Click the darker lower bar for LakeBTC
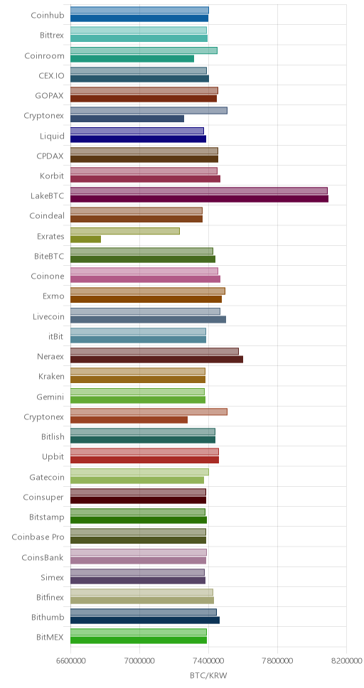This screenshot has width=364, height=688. coord(199,199)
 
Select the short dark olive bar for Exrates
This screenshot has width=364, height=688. coord(85,239)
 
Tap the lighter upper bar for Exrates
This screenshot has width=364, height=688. coord(125,231)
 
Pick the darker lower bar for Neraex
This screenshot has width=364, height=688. coord(156,360)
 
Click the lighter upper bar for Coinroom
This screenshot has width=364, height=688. coord(144,50)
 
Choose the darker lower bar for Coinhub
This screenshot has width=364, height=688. coord(139,18)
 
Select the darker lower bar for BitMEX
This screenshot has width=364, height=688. coord(139,640)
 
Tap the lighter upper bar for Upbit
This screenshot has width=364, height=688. coord(144,451)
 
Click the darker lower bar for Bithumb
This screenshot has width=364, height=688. coord(145,620)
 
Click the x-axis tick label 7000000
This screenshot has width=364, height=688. coord(139,661)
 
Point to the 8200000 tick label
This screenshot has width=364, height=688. coord(346,661)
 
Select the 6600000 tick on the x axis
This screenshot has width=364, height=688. coord(70,661)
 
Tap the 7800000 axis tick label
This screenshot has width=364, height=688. coord(277,661)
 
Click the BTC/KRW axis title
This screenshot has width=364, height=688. coord(208,676)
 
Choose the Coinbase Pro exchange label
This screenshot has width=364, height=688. coord(38,537)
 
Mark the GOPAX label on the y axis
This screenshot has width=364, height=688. coord(50,96)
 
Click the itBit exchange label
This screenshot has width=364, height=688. coord(56,337)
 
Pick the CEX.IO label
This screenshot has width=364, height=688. coord(51,75)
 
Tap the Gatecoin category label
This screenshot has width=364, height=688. coord(47,477)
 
